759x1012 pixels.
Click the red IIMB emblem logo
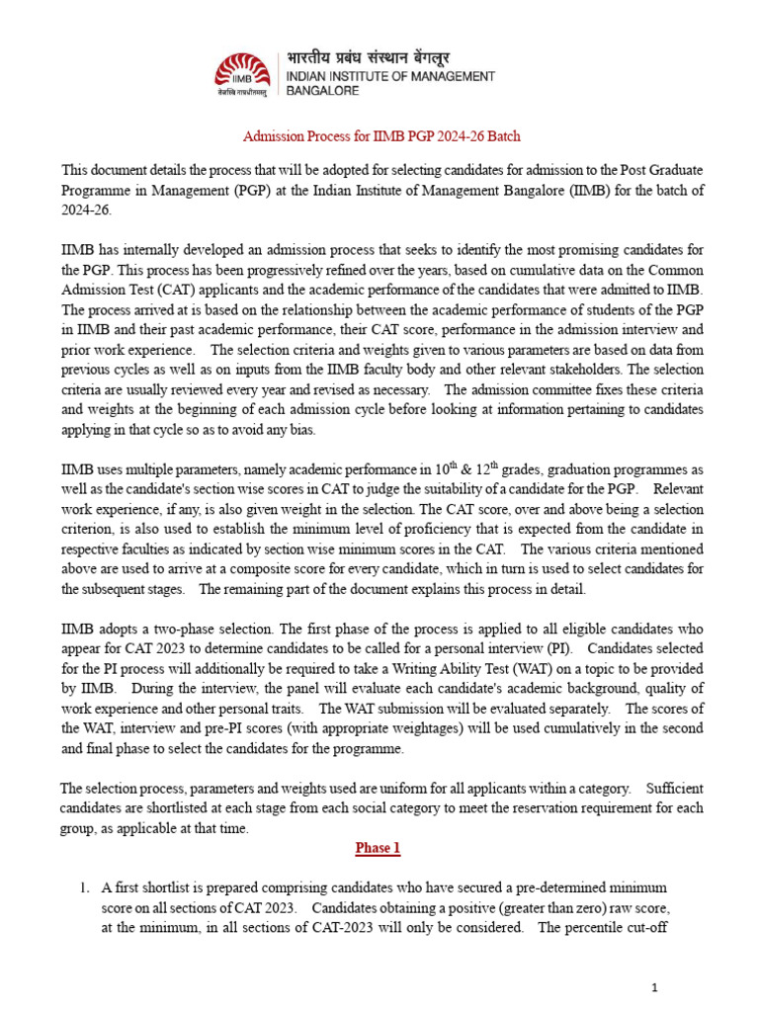click(x=239, y=70)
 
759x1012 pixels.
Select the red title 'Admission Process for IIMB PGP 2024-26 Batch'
click(x=381, y=135)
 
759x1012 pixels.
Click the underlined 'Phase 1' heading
click(x=379, y=849)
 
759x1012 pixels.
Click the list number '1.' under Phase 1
click(x=85, y=886)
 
